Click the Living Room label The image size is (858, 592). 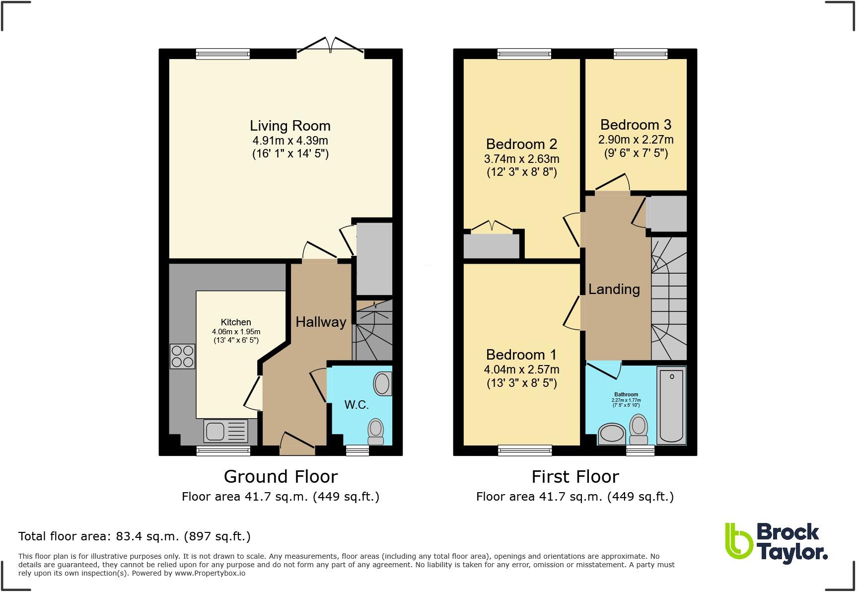click(290, 126)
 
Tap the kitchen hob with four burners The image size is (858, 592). click(182, 356)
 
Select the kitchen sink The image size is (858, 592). click(225, 431)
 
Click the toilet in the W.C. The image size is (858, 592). click(376, 431)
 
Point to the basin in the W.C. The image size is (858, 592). click(382, 383)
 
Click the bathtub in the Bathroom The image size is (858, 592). click(671, 405)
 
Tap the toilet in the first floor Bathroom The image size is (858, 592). click(639, 430)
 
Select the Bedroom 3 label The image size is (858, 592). click(636, 125)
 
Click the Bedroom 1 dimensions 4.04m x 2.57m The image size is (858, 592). click(521, 370)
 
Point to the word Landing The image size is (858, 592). click(614, 289)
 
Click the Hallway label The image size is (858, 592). click(321, 322)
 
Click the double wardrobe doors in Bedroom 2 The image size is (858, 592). click(492, 227)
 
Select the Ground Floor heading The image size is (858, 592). click(281, 476)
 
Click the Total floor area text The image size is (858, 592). click(134, 536)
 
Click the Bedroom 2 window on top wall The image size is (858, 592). click(524, 54)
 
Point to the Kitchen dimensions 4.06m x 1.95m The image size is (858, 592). click(236, 332)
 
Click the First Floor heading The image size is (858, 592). click(575, 476)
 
